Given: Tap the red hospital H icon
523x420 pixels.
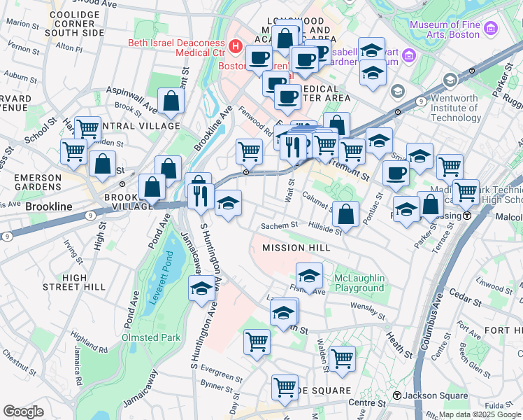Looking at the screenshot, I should [x=236, y=48].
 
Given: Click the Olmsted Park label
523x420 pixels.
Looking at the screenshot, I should [x=151, y=337].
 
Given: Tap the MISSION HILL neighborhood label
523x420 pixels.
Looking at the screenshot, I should [x=292, y=248].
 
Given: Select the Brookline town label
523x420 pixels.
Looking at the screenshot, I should [x=49, y=207].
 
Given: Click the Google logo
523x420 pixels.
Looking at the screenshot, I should [x=23, y=412].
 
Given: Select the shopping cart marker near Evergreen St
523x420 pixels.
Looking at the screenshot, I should [x=257, y=342].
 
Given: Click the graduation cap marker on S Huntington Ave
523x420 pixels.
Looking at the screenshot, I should [x=202, y=288].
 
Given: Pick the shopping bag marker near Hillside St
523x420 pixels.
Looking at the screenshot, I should [x=345, y=214].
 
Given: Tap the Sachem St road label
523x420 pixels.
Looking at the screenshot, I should [x=280, y=226].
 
